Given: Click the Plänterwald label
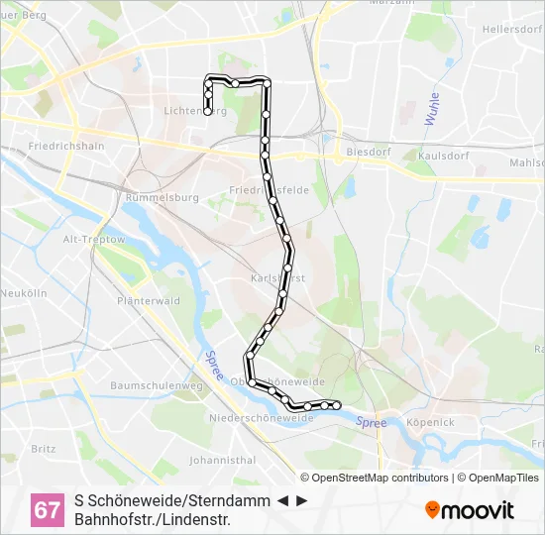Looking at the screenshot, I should pos(148,300).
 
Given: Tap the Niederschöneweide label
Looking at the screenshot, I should pos(261,418).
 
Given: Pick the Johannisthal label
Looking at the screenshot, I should pos(223,460).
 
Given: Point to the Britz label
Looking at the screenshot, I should pos(44,448).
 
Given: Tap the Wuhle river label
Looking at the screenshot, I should pos(433,109).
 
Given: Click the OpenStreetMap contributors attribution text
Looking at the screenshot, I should pos(381,478).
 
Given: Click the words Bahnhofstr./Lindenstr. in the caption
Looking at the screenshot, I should pos(152,519).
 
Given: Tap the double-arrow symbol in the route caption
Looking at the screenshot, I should pos(292,501).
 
